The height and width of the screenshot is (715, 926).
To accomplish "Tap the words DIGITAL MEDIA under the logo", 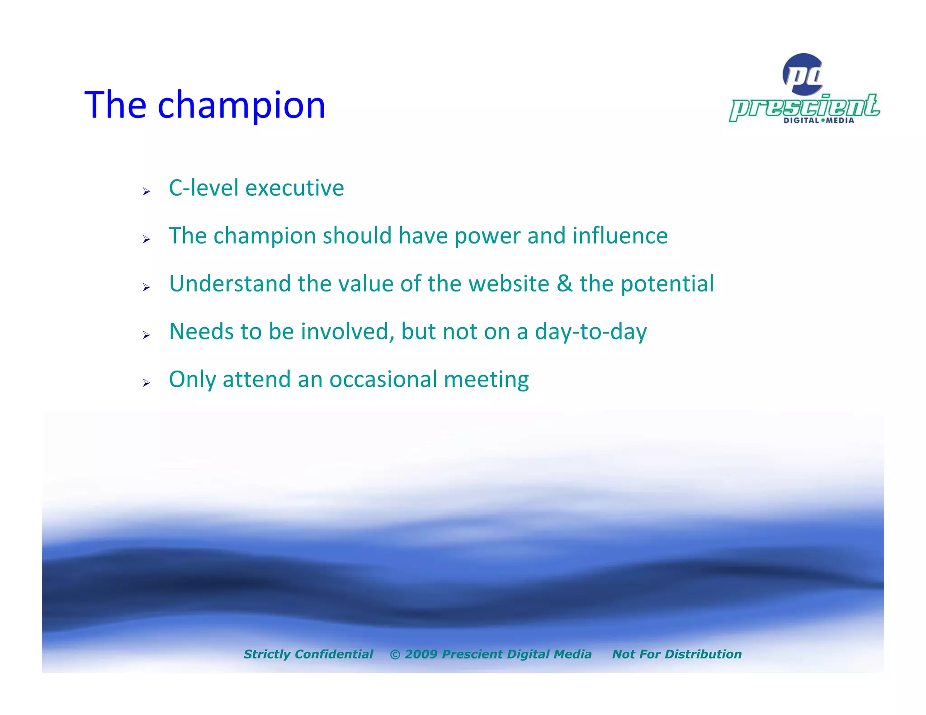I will (x=818, y=120).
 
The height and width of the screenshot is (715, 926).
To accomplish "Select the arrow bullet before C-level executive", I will (x=146, y=192).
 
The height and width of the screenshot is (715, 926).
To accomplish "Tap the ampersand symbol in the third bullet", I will (x=564, y=284).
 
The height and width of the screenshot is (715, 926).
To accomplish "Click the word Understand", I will (x=230, y=284).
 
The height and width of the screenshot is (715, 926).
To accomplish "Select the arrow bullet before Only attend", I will (x=146, y=383).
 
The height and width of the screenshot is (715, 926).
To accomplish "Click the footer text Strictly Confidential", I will (x=308, y=654).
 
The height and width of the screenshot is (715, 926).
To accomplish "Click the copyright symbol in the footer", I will (x=395, y=654).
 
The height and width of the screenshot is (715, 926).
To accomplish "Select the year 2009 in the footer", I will (x=420, y=654).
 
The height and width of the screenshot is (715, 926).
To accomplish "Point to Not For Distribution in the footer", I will (x=676, y=654).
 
